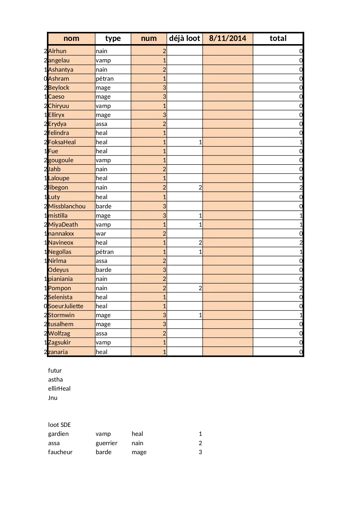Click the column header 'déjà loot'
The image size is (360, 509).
click(x=184, y=38)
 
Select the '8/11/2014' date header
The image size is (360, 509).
click(x=227, y=38)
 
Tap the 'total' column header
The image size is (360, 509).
click(x=278, y=38)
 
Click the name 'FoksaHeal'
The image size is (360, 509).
click(x=62, y=142)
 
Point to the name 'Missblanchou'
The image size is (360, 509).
click(x=67, y=206)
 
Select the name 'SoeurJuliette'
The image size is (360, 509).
click(x=66, y=306)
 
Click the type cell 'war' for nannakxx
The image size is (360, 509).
click(x=101, y=234)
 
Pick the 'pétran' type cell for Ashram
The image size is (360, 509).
click(x=105, y=79)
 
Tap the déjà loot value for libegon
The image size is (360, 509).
click(x=200, y=187)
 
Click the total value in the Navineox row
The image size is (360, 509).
click(x=301, y=243)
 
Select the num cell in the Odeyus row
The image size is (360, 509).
click(x=164, y=270)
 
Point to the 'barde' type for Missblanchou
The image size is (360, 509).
click(x=104, y=206)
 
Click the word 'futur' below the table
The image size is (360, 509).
click(x=55, y=371)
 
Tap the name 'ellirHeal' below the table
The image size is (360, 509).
click(x=59, y=389)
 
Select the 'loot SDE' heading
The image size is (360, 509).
click(x=59, y=425)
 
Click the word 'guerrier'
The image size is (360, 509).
click(x=106, y=443)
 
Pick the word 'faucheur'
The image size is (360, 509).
click(x=60, y=452)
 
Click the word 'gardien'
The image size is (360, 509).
click(x=58, y=434)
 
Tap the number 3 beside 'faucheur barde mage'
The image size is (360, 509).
click(x=200, y=452)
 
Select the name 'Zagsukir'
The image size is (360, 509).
click(x=59, y=342)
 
